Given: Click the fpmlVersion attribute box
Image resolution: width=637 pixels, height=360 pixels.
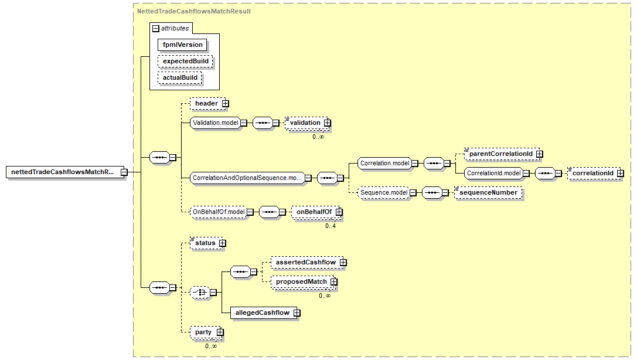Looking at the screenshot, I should point(182,45).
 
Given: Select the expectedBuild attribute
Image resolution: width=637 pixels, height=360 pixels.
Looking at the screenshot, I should point(185,61).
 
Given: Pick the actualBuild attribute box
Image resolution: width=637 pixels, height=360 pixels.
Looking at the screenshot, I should point(180,77).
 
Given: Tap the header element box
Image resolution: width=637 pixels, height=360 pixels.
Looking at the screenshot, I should point(206,104).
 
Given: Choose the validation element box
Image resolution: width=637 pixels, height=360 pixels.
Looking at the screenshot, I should point(305,123).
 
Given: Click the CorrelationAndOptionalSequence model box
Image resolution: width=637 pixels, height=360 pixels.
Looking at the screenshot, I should point(246,178).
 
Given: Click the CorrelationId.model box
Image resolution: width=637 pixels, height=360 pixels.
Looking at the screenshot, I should point(494,174).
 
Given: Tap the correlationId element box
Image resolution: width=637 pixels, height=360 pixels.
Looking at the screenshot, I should point(592,174).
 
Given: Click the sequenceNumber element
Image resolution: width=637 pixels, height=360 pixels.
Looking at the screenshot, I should point(488,192).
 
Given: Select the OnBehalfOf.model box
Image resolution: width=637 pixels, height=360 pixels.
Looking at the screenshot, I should point(218,212).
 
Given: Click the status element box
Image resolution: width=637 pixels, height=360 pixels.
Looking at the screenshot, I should point(205,243).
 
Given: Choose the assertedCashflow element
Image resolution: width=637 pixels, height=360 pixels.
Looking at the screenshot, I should point(306,262).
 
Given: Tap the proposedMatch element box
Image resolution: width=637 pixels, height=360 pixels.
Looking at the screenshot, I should point(301,282).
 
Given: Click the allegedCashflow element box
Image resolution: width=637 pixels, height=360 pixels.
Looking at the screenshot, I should point(262,313).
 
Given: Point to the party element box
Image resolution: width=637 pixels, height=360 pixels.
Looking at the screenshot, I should point(203,332).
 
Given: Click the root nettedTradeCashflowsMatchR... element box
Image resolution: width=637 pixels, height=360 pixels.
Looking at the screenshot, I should point(63,172).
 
